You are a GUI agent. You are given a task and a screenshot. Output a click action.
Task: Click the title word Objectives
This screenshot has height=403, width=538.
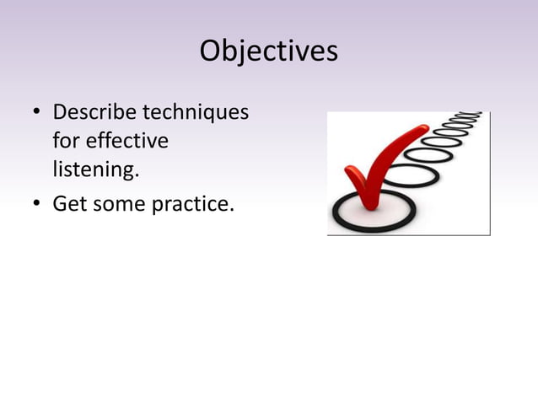(x=268, y=51)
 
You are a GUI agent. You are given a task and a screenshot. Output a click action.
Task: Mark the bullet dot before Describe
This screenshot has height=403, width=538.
(x=36, y=113)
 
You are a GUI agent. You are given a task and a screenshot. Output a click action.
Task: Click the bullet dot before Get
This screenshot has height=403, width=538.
(x=36, y=204)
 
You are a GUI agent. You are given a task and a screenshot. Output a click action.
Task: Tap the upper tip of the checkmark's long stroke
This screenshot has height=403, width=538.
(x=423, y=129)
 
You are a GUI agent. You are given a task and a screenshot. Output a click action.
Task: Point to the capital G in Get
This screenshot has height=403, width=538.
(x=60, y=203)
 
